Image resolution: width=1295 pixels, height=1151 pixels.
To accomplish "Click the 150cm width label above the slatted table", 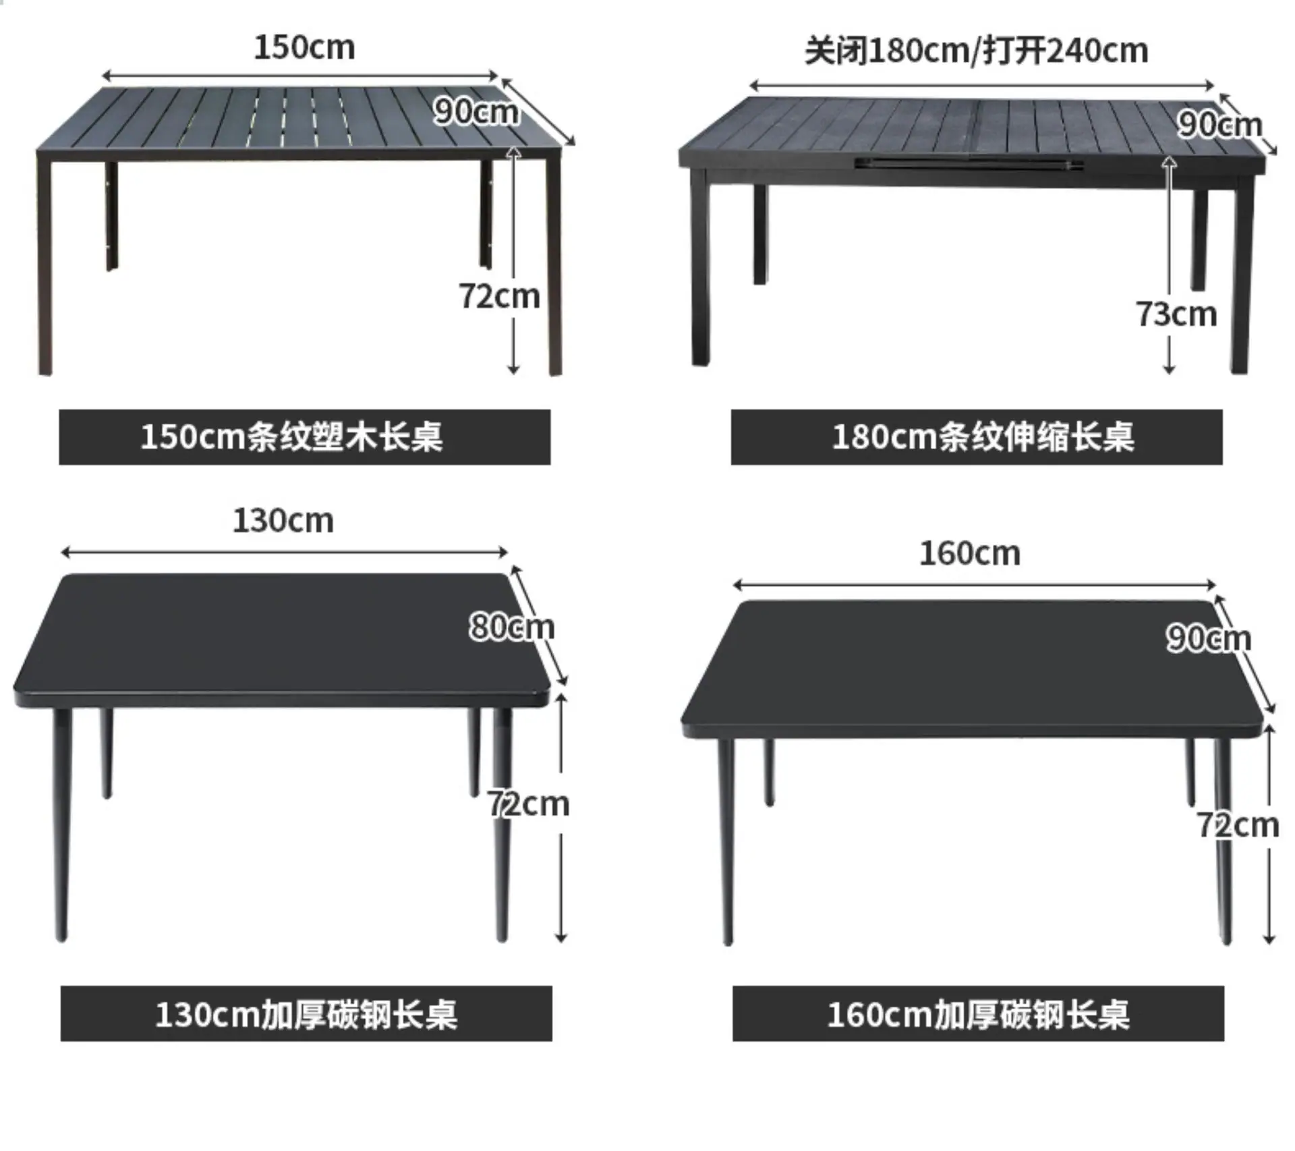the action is tap(304, 48).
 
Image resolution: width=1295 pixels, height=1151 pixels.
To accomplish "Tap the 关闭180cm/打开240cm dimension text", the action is tap(976, 51).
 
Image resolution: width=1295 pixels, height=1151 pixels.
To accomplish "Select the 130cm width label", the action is tap(283, 521).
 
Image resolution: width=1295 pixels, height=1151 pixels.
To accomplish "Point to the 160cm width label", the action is tap(970, 554).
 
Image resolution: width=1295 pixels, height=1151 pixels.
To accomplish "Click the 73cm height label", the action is tap(1177, 314).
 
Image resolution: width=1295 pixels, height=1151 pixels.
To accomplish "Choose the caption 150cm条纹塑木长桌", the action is tap(291, 437).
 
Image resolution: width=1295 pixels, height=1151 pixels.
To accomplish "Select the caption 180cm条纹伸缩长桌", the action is tap(983, 437).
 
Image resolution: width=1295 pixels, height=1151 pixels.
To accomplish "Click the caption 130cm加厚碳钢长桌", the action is tap(306, 1014).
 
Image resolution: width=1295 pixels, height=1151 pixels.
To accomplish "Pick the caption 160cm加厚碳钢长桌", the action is tap(978, 1014).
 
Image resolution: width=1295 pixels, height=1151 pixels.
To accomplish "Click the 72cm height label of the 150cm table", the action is tap(500, 297).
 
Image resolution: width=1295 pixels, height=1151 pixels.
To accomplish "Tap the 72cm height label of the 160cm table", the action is tap(1238, 825).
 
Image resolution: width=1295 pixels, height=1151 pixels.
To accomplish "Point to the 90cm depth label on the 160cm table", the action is tap(1209, 638).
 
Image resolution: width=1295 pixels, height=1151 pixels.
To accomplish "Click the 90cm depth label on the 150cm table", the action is tap(476, 111).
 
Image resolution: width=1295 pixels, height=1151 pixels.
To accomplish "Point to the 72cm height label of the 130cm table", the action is tap(529, 804).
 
